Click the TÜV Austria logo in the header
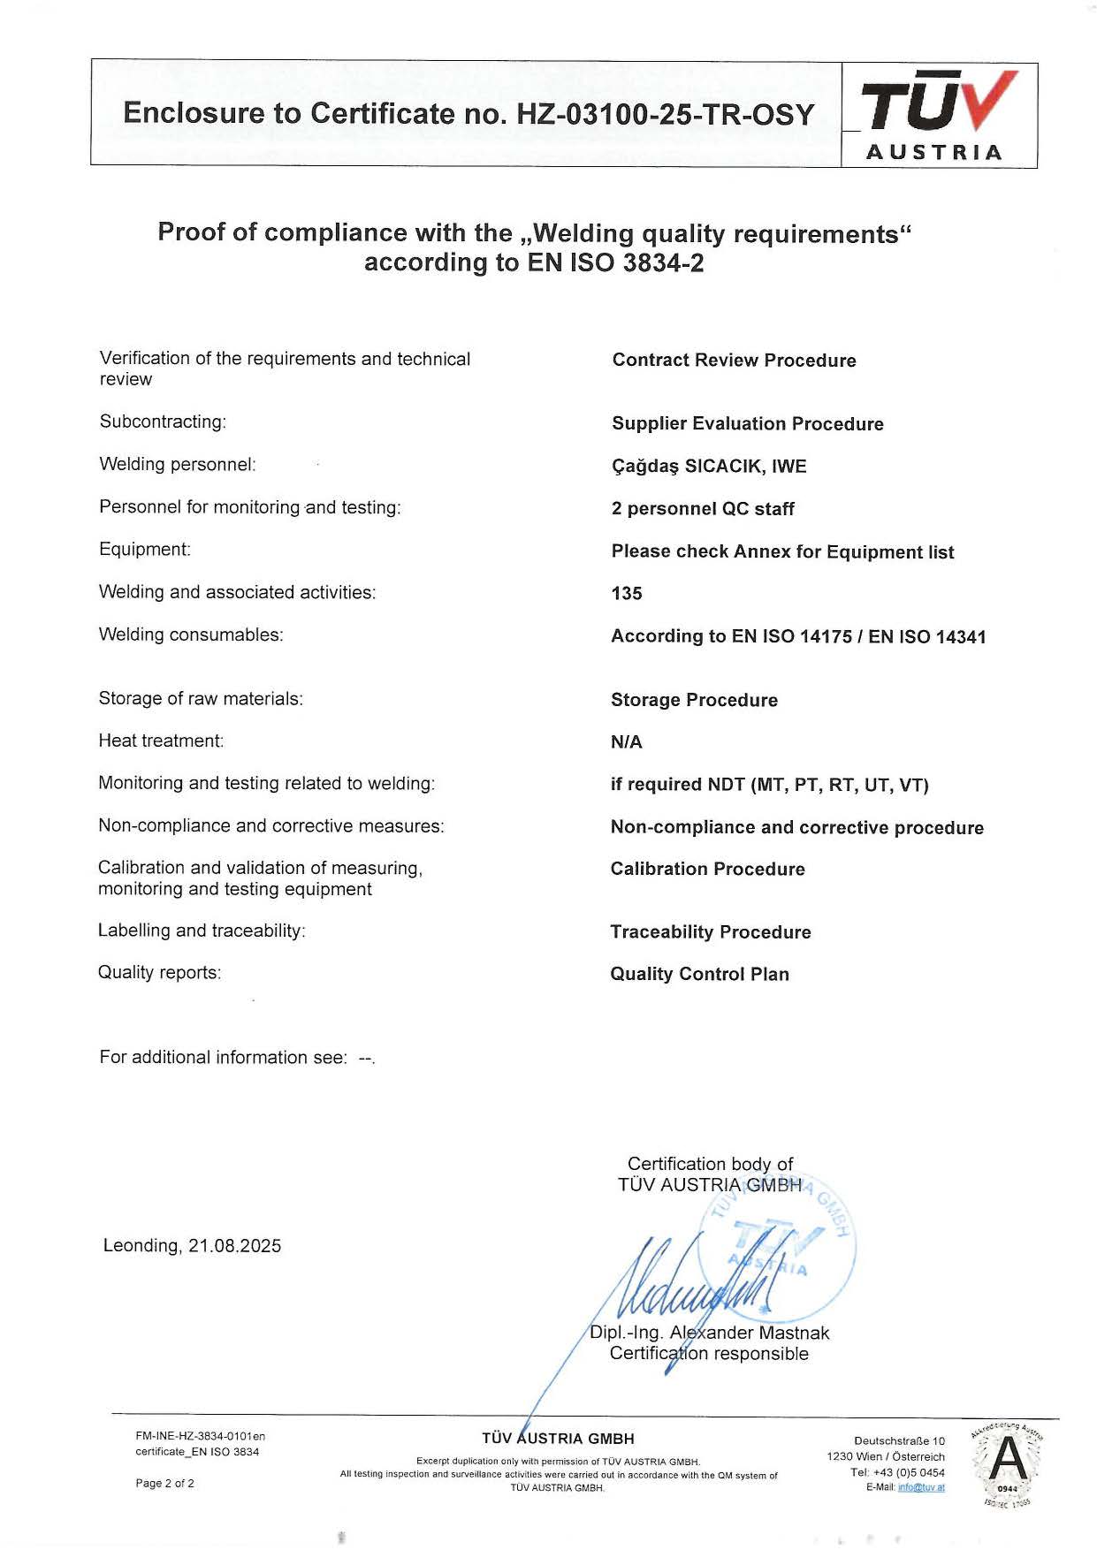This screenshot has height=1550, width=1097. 939,115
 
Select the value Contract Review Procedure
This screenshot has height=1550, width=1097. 734,361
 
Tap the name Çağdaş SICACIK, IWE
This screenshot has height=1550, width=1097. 709,467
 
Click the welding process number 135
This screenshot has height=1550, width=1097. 627,594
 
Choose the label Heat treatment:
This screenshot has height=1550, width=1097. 161,741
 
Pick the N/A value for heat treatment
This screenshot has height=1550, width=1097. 626,742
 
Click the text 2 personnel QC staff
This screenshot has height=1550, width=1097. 703,509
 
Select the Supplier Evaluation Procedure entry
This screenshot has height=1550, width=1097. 747,424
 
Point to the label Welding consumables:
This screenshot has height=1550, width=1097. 191,634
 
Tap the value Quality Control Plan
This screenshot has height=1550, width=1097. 699,974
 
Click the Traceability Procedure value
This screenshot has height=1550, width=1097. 710,932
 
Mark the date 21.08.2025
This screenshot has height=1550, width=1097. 234,1246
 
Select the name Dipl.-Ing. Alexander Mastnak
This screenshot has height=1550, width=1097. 710,1333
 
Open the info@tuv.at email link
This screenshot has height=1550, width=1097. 921,1487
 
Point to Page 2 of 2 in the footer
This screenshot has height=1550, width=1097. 164,1483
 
